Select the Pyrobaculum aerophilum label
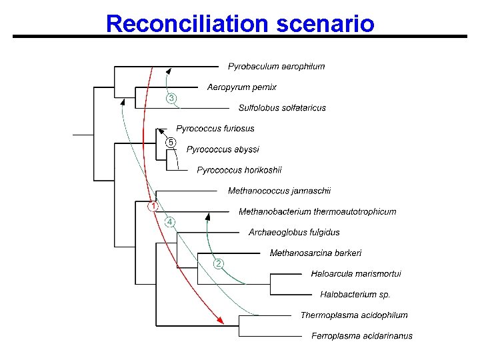[x=276, y=66]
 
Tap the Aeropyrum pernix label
[x=241, y=87]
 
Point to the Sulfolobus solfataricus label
[x=282, y=108]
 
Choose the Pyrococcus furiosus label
[x=215, y=128]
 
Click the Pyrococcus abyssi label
[x=223, y=149]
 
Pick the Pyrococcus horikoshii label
[x=239, y=170]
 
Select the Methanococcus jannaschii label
[x=279, y=191]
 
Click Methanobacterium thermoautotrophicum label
[x=317, y=211]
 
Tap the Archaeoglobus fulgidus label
[x=294, y=232]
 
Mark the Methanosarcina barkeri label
[x=315, y=253]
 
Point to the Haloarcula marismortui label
[x=356, y=273]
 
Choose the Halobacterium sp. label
[x=355, y=294]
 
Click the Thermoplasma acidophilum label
[x=354, y=315]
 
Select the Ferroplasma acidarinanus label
[x=362, y=335]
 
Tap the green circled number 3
[x=171, y=99]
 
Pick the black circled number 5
[x=171, y=143]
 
